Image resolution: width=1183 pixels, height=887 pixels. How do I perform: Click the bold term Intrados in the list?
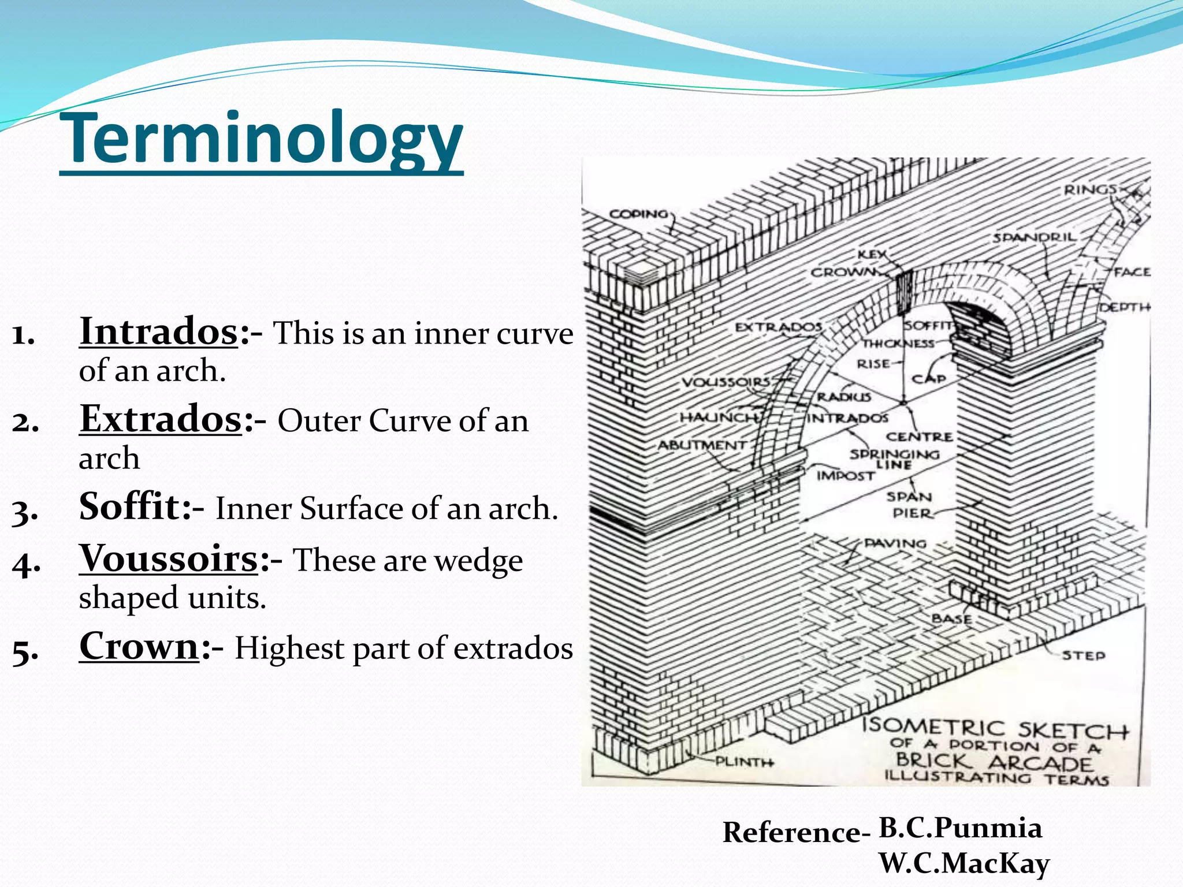(158, 332)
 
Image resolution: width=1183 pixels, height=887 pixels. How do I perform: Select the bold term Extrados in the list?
(161, 419)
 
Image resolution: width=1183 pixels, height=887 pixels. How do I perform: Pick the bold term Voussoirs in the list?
(169, 558)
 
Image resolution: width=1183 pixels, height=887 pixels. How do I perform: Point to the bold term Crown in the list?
(139, 646)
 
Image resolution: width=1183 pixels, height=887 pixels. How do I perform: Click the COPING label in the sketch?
(638, 214)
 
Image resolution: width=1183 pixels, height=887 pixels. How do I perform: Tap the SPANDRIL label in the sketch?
(1035, 237)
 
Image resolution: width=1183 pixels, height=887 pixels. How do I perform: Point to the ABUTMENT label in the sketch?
(702, 445)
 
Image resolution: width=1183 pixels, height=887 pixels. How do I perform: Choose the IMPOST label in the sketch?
(845, 476)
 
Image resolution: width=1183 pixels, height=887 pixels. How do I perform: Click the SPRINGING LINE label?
(894, 459)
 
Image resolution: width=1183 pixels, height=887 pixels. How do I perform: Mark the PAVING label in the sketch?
(895, 543)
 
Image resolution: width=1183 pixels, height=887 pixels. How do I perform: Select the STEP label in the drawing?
(1084, 655)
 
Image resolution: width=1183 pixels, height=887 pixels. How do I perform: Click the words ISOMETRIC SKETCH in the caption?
(995, 729)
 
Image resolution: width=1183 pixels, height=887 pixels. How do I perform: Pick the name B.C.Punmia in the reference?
(960, 828)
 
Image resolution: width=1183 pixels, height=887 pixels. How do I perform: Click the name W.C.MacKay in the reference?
(963, 864)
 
